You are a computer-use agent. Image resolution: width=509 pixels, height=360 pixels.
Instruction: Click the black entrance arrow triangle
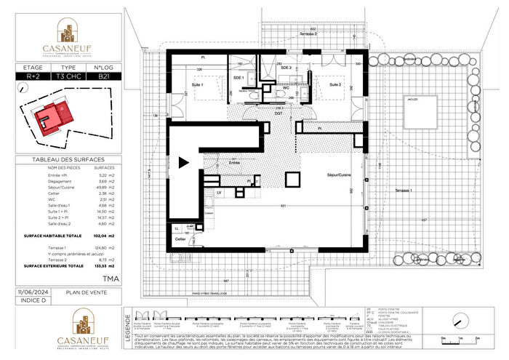(185, 164)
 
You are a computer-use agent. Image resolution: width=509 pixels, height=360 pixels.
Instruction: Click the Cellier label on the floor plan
(180, 239)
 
